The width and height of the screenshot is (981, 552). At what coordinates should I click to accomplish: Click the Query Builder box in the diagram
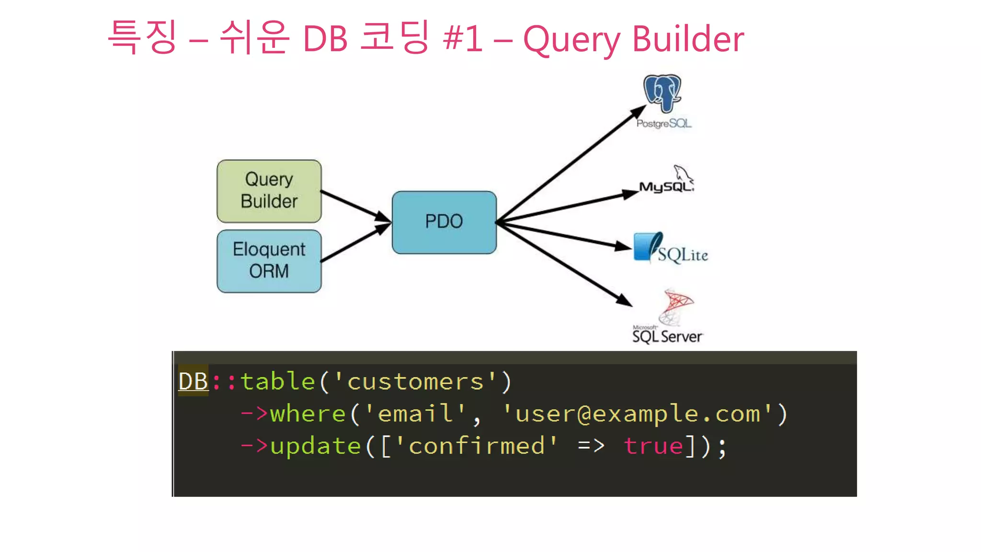pyautogui.click(x=269, y=191)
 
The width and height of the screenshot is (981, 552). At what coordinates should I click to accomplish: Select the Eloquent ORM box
pyautogui.click(x=269, y=261)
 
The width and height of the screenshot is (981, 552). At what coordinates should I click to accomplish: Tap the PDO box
pyautogui.click(x=444, y=222)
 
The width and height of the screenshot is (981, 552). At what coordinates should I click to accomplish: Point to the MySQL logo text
pyautogui.click(x=666, y=186)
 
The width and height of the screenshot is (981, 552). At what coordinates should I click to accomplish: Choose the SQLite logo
pyautogui.click(x=670, y=249)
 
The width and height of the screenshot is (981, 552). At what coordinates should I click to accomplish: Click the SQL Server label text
pyautogui.click(x=667, y=336)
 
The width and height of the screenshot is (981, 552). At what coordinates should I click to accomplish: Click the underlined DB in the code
pyautogui.click(x=193, y=382)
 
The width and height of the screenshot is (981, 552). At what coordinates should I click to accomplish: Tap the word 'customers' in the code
pyautogui.click(x=415, y=382)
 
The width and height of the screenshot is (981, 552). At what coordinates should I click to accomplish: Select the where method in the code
pyautogui.click(x=308, y=414)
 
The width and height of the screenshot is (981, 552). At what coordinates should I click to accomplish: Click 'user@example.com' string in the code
pyautogui.click(x=637, y=414)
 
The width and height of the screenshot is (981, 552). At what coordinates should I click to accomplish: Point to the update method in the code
pyautogui.click(x=315, y=446)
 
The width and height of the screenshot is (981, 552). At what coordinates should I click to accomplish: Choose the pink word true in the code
pyautogui.click(x=653, y=446)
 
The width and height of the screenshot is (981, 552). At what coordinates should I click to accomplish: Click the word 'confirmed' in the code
pyautogui.click(x=477, y=446)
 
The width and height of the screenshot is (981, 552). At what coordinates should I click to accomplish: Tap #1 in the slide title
pyautogui.click(x=463, y=38)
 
